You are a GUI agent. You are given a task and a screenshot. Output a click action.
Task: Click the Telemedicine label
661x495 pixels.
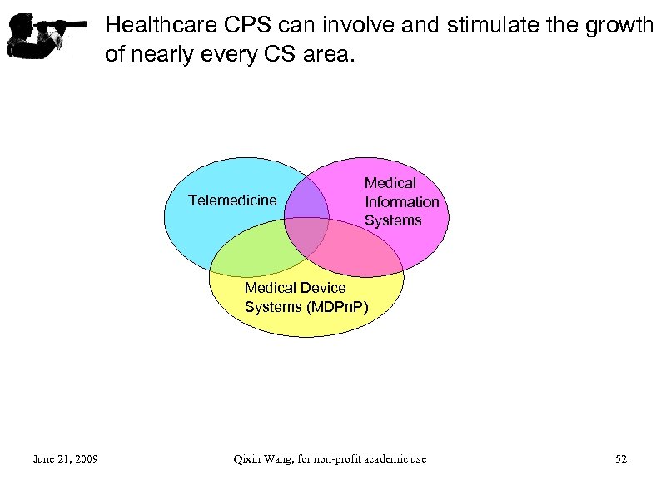[x=232, y=200]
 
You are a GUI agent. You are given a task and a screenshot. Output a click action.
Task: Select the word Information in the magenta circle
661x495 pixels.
[x=401, y=202]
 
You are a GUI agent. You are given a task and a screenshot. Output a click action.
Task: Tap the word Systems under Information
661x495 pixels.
[x=393, y=220]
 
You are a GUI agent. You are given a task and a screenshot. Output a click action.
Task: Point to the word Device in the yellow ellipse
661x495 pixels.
[x=323, y=288]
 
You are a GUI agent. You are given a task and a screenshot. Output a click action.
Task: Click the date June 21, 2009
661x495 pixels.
[x=65, y=458]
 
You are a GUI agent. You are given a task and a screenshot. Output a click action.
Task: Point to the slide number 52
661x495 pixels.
[x=620, y=458]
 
